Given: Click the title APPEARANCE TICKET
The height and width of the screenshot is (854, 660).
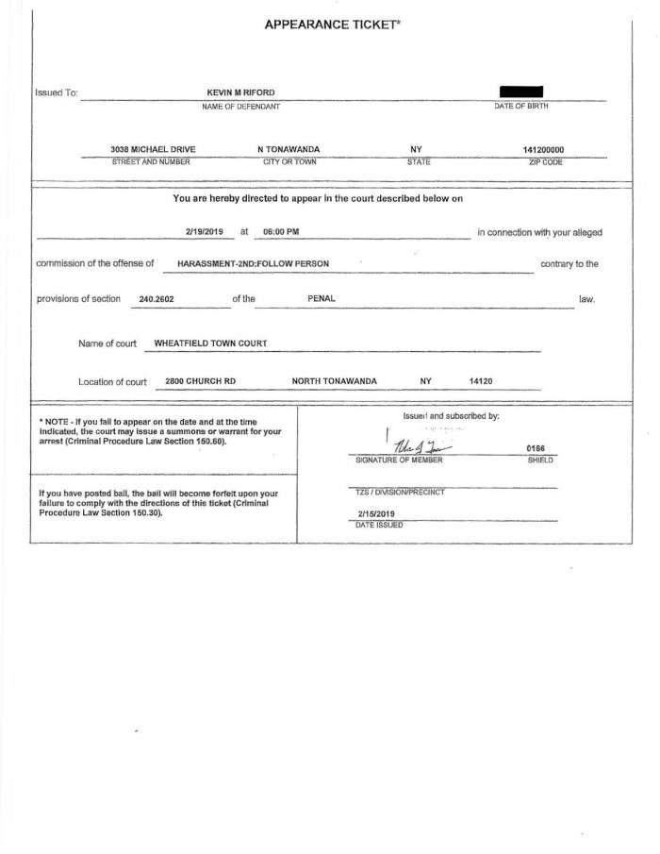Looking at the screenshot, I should [334, 25].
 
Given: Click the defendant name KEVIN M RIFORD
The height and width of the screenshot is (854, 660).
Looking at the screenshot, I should [240, 92].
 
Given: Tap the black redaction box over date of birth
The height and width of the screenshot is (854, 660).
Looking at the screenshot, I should [521, 92].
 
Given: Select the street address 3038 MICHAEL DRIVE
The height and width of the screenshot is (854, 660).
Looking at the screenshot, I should [153, 149].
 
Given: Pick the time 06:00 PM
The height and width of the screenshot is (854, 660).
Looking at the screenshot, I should [281, 231].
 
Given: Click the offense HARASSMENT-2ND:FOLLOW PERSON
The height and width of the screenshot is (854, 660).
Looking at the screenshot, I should [253, 264].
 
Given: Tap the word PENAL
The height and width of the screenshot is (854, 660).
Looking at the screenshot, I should [322, 299].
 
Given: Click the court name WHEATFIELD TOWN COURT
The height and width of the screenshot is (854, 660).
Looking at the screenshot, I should [210, 343].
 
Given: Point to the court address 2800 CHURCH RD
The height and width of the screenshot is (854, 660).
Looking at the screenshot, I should [200, 381].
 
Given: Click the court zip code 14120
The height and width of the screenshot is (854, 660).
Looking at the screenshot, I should [481, 381].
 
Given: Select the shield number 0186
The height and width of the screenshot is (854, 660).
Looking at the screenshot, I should [536, 449].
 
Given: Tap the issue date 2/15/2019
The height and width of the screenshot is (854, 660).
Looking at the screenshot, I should [376, 514].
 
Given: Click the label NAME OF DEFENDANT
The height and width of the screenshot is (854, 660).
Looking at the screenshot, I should [240, 107].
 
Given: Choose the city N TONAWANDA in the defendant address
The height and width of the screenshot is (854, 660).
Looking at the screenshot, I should [289, 149].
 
